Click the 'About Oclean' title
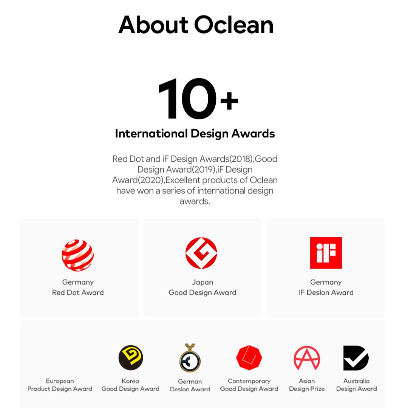click(x=196, y=25)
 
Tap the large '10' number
click(x=187, y=99)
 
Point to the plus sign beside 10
click(x=229, y=100)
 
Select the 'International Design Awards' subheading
click(x=195, y=133)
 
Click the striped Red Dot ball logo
click(x=77, y=255)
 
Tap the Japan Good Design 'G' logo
click(x=201, y=253)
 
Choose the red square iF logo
click(x=326, y=253)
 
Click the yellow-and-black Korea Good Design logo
click(x=131, y=358)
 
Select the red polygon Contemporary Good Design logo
click(x=249, y=358)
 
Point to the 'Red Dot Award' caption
click(x=78, y=292)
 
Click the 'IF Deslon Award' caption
click(x=326, y=292)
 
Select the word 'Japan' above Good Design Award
click(x=202, y=282)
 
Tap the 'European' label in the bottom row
click(x=60, y=381)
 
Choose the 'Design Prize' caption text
click(x=307, y=389)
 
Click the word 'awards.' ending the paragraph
click(x=195, y=201)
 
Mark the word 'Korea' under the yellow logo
click(x=130, y=381)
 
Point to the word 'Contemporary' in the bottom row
click(x=249, y=381)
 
